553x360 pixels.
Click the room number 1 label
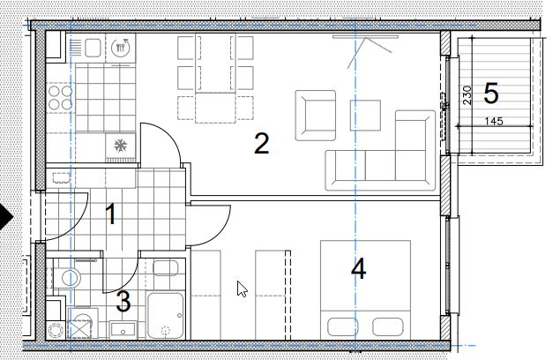click(111, 214)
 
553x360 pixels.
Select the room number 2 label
click(261, 143)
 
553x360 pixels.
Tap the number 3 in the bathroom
click(123, 302)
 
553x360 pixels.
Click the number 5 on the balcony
click(491, 94)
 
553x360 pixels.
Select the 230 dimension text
click(467, 95)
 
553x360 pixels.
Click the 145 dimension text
click(494, 122)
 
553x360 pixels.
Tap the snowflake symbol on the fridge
click(120, 145)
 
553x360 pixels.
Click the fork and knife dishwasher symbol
click(121, 48)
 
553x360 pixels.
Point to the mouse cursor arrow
click(242, 289)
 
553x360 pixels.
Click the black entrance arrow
click(6, 217)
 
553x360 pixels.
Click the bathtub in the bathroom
click(166, 315)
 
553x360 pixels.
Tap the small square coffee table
click(365, 116)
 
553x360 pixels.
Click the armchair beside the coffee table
click(315, 116)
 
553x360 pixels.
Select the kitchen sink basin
click(93, 48)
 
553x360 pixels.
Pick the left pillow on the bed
click(343, 326)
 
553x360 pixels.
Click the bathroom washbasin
click(123, 330)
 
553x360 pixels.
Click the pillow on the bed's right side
click(388, 326)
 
